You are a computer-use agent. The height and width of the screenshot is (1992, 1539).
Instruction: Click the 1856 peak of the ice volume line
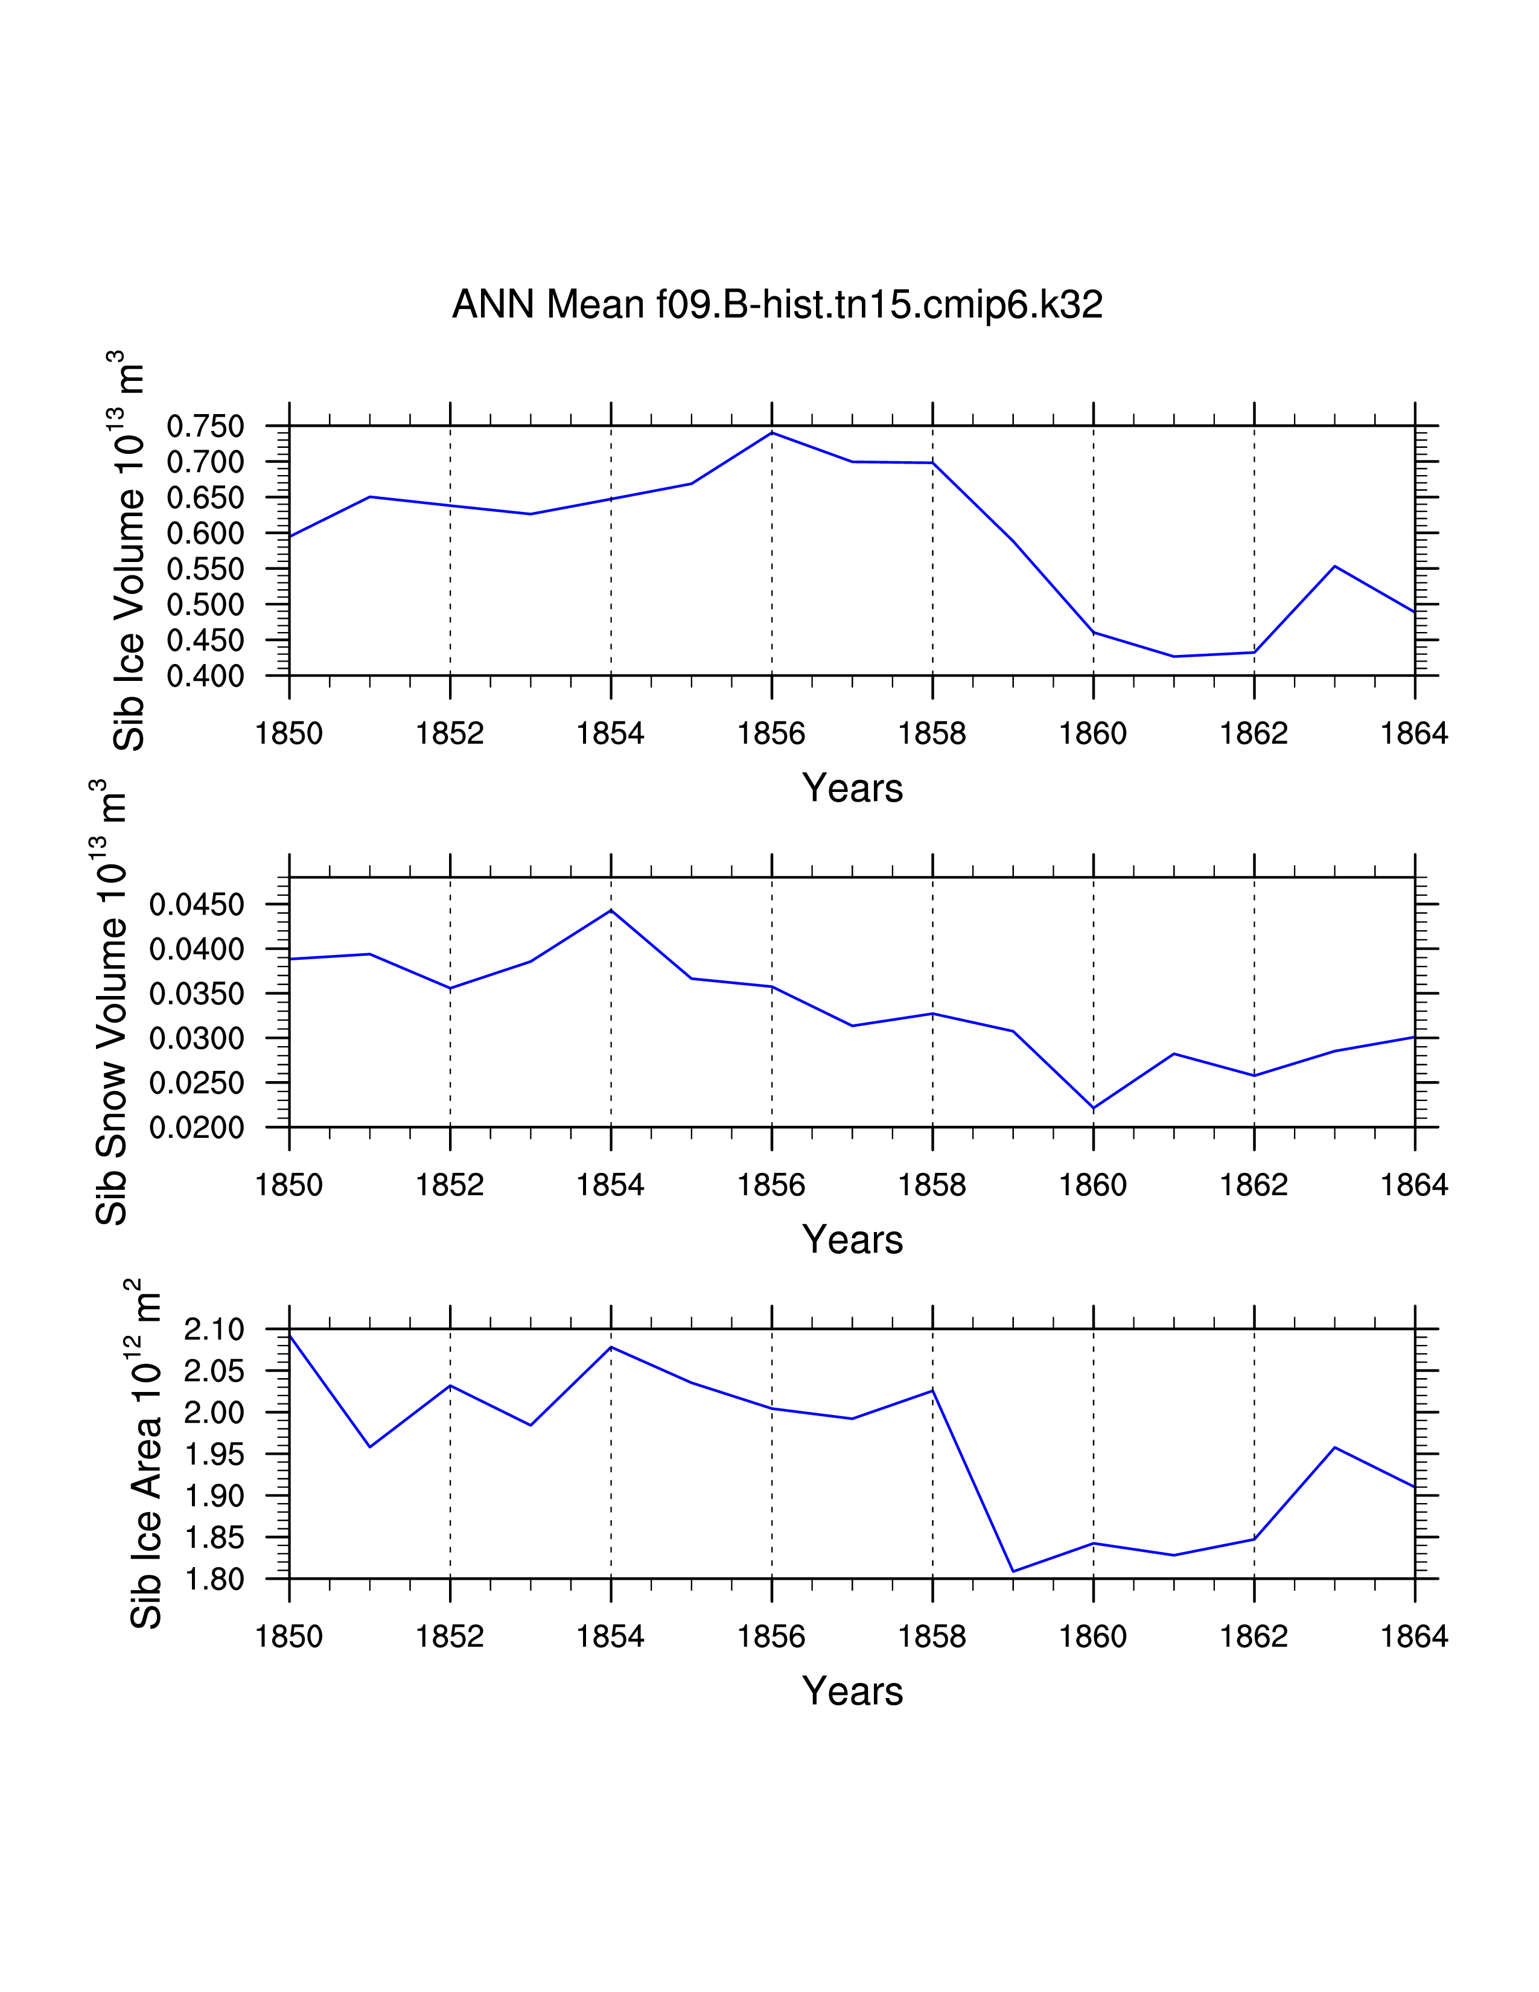coord(773,432)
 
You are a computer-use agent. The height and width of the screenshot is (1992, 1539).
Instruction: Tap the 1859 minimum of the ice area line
coord(1013,1571)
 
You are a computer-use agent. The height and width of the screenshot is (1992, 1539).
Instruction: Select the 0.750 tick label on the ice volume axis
coord(205,426)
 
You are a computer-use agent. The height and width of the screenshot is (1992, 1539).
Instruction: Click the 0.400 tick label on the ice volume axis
coord(205,677)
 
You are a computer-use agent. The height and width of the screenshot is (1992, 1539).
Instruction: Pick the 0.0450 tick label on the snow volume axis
coord(197,905)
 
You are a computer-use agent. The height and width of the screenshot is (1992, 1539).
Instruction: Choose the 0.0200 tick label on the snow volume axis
coord(197,1128)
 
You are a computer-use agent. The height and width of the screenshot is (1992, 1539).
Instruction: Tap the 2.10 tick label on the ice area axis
coord(214,1330)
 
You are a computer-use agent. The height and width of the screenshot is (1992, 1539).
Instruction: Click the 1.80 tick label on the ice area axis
coord(214,1579)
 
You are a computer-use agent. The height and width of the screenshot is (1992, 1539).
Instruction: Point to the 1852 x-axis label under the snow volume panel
coord(450,1185)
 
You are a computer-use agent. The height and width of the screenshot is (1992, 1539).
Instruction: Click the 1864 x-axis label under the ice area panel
coord(1414,1637)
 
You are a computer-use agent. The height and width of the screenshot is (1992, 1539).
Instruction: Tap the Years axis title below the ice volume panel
coord(852,788)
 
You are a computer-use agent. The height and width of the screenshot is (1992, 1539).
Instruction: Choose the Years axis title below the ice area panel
coord(852,1691)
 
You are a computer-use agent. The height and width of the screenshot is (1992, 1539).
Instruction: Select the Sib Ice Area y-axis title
coord(146,1455)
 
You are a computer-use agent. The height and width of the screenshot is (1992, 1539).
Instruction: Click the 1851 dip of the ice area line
coord(369,1446)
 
